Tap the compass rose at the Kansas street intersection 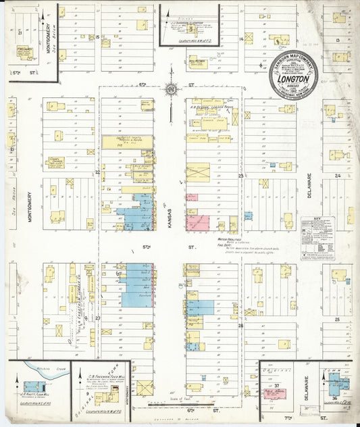point(171,89)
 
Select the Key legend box point(317,238)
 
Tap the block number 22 point(97,172)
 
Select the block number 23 point(240,176)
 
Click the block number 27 point(97,318)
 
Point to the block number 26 point(240,325)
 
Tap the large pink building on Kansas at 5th point(198,222)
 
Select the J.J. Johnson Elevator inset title point(190,22)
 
